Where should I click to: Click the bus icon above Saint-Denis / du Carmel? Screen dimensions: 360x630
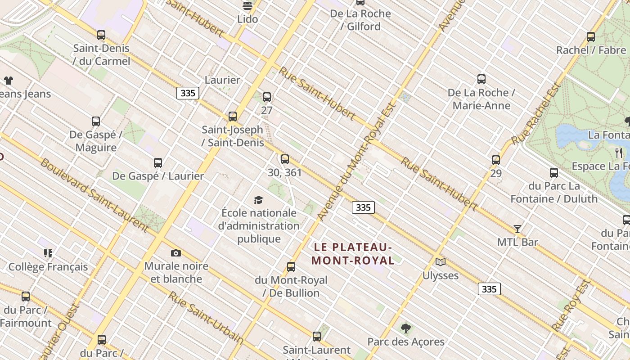click(101, 35)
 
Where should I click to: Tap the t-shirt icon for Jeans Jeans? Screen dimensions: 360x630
click(9, 81)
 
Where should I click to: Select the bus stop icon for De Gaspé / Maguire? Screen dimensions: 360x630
click(96, 121)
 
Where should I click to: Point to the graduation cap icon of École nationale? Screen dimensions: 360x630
click(258, 200)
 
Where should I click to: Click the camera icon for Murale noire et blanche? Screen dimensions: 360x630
click(176, 253)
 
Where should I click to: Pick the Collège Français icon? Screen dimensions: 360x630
click(48, 253)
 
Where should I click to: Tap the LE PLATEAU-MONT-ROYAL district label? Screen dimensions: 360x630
click(352, 254)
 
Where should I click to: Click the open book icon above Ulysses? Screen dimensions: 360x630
click(440, 262)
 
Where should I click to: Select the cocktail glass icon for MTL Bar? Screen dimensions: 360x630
click(517, 229)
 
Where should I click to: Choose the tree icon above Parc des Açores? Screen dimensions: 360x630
click(406, 328)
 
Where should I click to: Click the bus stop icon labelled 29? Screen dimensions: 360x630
click(496, 160)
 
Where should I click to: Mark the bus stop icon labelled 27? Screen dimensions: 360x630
click(267, 97)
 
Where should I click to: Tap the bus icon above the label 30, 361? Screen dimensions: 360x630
click(285, 159)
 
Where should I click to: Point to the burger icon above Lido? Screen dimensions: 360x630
click(247, 5)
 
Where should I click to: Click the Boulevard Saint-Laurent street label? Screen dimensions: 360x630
click(94, 195)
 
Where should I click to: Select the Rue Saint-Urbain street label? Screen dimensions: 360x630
click(206, 318)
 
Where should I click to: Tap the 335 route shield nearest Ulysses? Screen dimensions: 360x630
click(489, 289)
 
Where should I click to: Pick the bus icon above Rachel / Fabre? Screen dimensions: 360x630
click(591, 37)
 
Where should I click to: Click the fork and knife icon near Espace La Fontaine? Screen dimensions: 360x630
click(619, 153)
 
